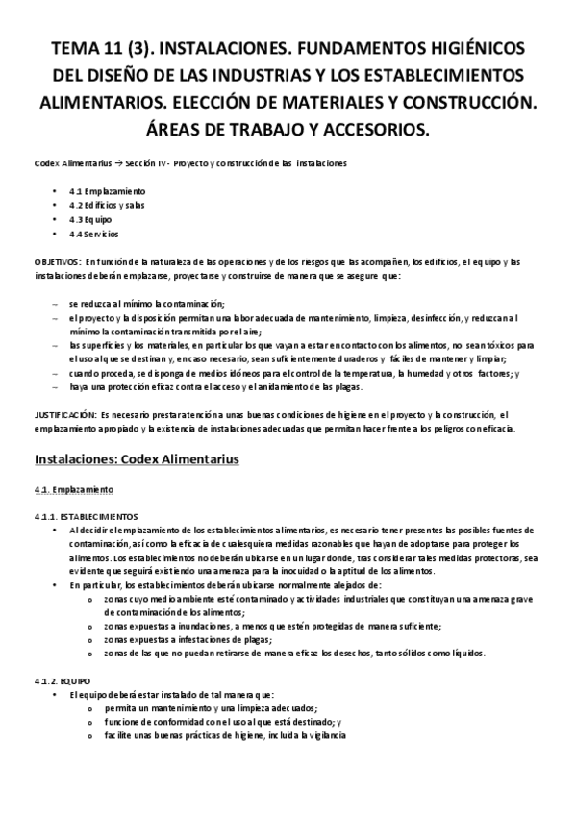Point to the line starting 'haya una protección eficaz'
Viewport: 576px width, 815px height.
[x=202, y=386]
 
